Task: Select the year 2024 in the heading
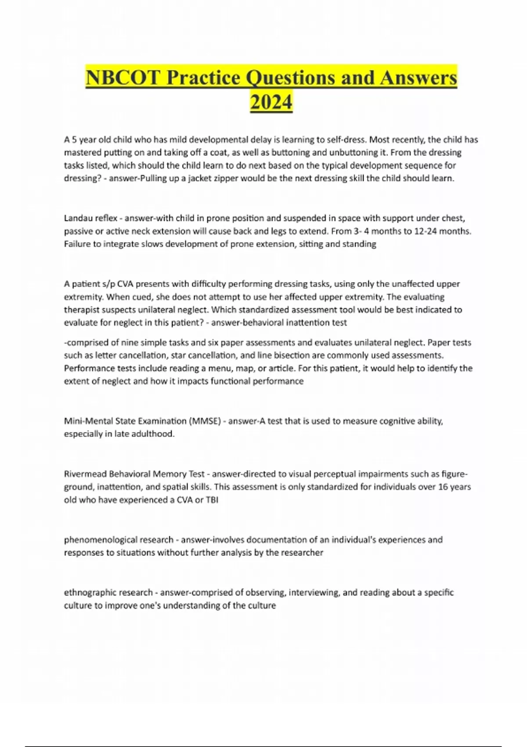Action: point(271,102)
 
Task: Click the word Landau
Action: point(77,218)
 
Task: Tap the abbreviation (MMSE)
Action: point(205,421)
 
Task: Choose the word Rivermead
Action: point(85,474)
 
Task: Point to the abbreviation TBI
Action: point(212,500)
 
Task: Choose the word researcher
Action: point(303,552)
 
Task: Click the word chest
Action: point(453,218)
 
